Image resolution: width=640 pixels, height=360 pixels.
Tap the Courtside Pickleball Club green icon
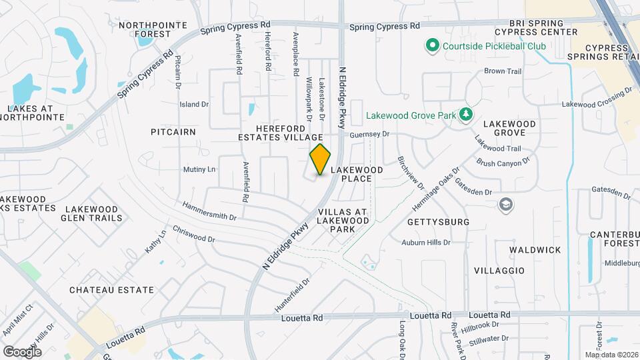pyautogui.click(x=431, y=46)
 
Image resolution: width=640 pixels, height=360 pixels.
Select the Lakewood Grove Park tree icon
pyautogui.click(x=465, y=115)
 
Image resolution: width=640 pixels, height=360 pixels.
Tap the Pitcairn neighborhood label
pyautogui.click(x=173, y=132)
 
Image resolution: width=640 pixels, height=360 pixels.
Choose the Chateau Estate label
pyautogui.click(x=112, y=290)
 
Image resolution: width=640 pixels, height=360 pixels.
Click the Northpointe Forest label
pyautogui.click(x=144, y=29)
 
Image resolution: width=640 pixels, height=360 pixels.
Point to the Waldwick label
pyautogui.click(x=535, y=249)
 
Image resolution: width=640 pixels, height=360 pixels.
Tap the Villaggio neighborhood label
pyautogui.click(x=499, y=271)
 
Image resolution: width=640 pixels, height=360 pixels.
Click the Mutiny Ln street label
pyautogui.click(x=199, y=169)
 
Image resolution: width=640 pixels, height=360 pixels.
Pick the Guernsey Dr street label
pyautogui.click(x=369, y=134)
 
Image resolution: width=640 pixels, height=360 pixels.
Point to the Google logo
pyautogui.click(x=22, y=351)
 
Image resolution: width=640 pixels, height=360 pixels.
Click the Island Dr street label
pyautogui.click(x=194, y=105)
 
